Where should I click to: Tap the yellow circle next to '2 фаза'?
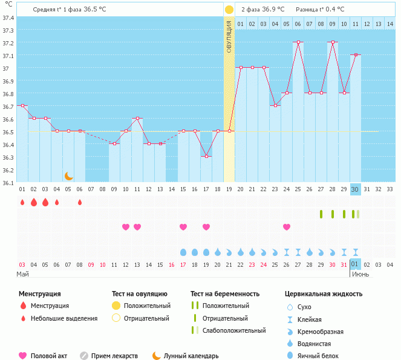[x=229, y=10]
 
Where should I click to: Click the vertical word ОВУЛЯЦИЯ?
[x=229, y=36]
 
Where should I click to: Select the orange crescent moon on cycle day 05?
[x=68, y=175]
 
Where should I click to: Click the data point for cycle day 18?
[x=206, y=157]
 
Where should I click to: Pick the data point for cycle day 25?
[x=287, y=93]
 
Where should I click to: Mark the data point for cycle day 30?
[x=356, y=55]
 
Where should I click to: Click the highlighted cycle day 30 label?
[x=356, y=189]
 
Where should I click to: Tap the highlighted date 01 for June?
[x=356, y=264]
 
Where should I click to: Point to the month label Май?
[x=23, y=274]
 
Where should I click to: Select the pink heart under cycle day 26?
[x=287, y=227]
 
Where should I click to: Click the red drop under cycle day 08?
[x=80, y=202]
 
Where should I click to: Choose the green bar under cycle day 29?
[x=321, y=214]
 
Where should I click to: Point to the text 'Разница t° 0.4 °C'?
[x=320, y=10]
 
